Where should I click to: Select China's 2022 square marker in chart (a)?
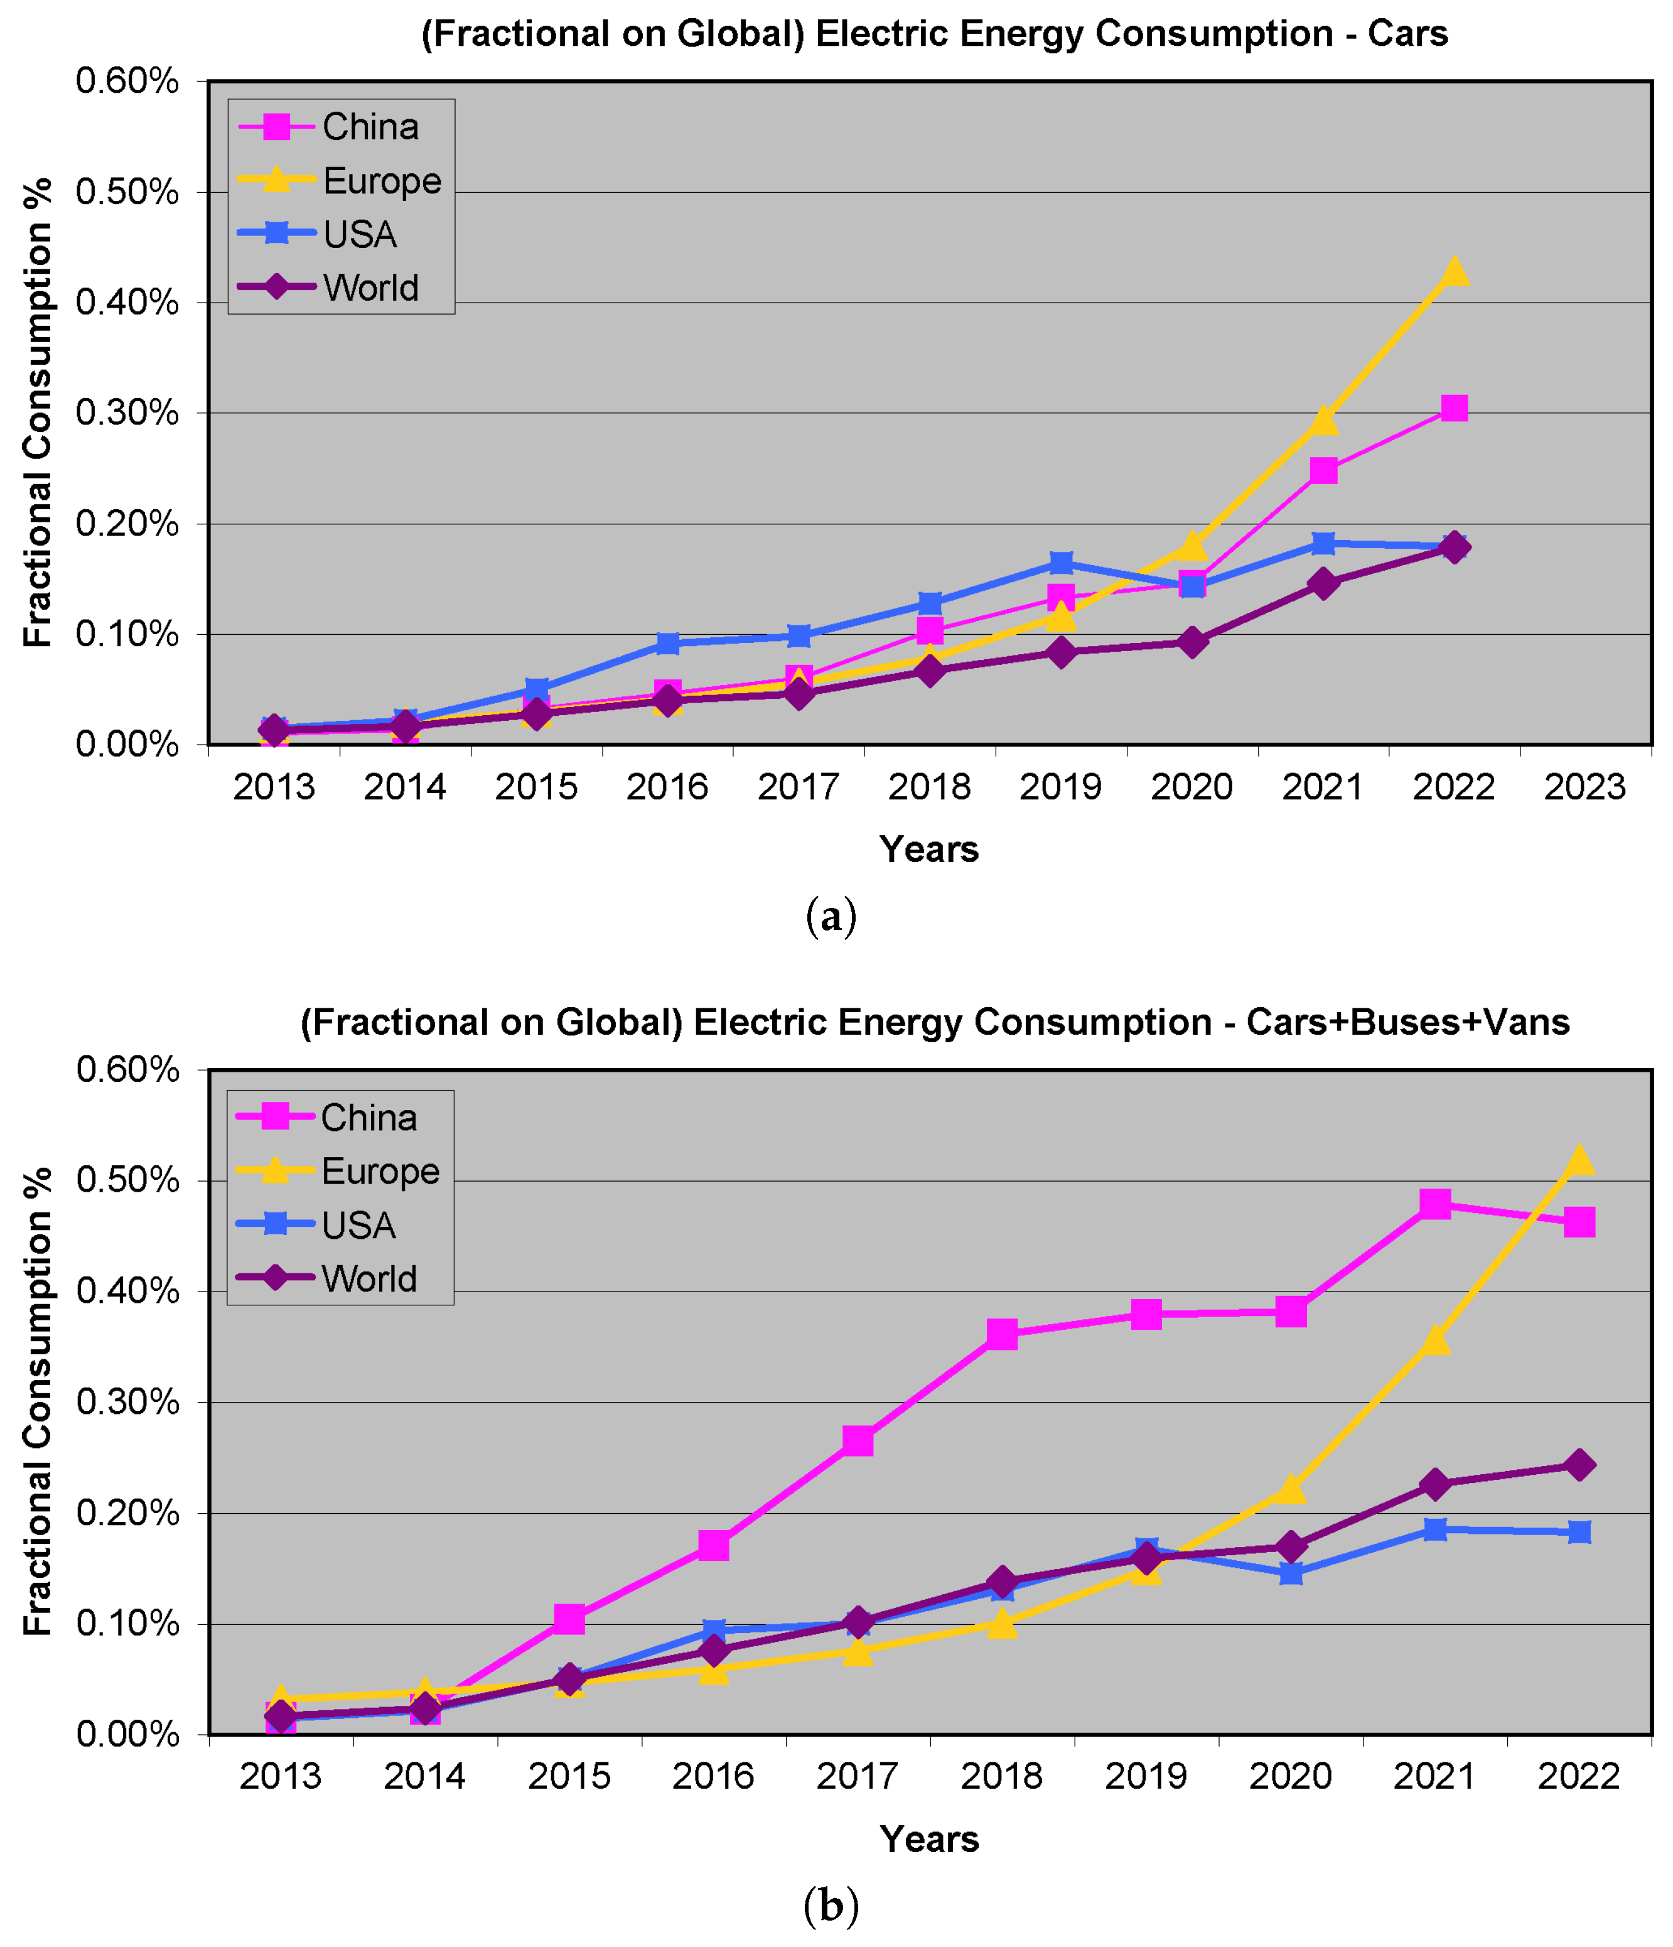(1454, 408)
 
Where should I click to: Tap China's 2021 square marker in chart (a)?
(1323, 470)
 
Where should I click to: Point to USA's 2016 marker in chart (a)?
(668, 643)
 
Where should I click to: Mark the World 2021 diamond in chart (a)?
(1323, 583)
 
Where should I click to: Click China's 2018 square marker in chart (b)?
(1003, 1332)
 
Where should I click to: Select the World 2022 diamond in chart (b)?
(1579, 1464)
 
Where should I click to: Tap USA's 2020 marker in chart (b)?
(1291, 1572)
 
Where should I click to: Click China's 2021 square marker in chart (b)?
(1435, 1204)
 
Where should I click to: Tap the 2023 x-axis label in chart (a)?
(1584, 787)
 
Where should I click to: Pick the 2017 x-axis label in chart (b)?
(858, 1776)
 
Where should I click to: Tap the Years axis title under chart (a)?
(929, 849)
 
